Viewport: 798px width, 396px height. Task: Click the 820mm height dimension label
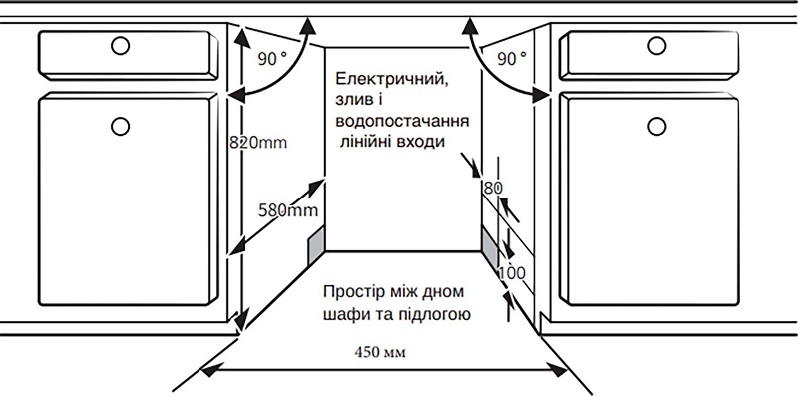257,142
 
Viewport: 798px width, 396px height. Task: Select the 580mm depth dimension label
287,210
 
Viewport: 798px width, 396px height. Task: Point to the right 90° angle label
510,59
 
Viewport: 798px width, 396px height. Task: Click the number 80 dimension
491,188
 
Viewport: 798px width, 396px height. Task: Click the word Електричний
390,78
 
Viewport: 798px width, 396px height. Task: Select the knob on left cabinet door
121,125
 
